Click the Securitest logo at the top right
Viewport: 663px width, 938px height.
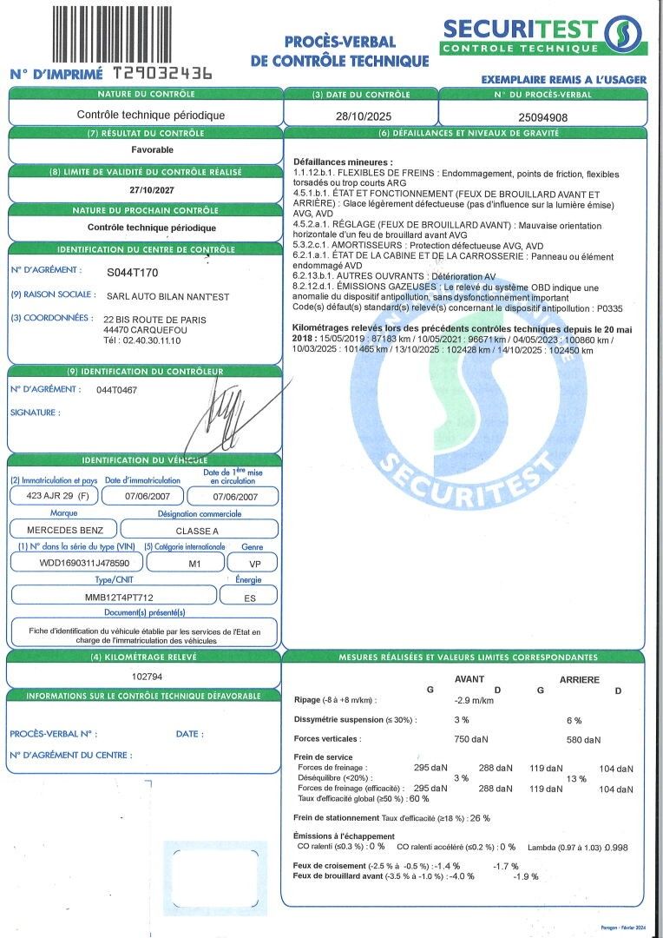tap(543, 35)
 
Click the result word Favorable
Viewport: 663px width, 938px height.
tap(145, 149)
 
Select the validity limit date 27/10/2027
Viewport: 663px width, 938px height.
tap(145, 190)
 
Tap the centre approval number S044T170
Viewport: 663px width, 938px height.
tap(133, 273)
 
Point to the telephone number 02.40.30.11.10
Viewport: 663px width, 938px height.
tap(149, 340)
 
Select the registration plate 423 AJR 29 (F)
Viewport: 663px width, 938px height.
tap(52, 497)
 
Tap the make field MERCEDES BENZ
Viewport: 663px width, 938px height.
tap(59, 530)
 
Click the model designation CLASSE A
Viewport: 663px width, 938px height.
tap(200, 530)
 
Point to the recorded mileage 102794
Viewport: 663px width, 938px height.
tap(145, 676)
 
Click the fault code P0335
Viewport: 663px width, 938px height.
tap(609, 308)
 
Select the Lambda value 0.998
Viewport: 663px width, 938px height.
tap(616, 847)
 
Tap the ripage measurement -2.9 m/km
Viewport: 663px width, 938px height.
tap(475, 700)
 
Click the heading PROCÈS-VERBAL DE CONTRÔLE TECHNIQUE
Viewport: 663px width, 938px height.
tap(339, 50)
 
